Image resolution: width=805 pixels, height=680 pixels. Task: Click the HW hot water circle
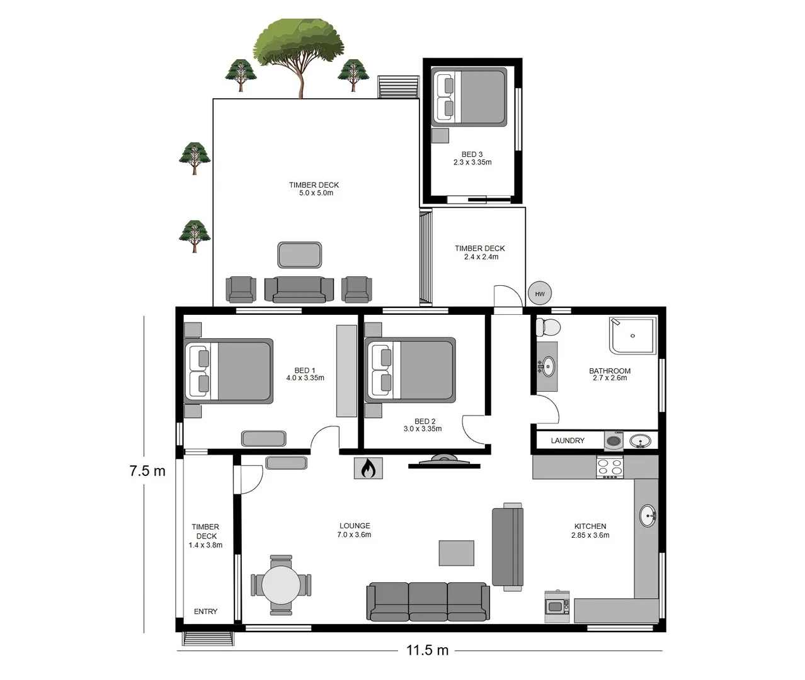(x=540, y=293)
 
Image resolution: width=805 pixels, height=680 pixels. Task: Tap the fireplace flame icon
(x=368, y=468)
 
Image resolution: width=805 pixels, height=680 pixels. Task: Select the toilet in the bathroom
(x=547, y=327)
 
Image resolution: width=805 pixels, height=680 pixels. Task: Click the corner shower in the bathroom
(x=632, y=335)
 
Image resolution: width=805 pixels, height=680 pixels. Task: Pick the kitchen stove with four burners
(x=610, y=467)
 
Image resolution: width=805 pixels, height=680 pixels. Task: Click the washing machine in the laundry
(x=614, y=441)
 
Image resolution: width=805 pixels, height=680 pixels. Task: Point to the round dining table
(x=281, y=585)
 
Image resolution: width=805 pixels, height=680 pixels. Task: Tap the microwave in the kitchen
(x=556, y=606)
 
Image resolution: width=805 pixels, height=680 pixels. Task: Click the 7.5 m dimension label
(x=147, y=471)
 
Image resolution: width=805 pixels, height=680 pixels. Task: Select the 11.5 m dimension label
(x=427, y=650)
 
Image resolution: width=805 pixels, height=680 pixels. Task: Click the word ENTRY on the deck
(x=205, y=611)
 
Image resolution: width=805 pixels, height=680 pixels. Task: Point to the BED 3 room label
(x=472, y=154)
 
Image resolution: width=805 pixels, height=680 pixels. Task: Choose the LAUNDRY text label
(x=568, y=441)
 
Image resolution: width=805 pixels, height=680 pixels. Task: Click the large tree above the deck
(x=299, y=50)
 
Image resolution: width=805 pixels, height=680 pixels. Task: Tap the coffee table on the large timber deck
(x=299, y=255)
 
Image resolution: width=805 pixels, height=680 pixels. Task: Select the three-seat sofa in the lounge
(x=428, y=601)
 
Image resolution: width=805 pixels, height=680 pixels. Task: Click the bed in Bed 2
(x=410, y=370)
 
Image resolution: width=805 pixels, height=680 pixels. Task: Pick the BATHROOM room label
(x=609, y=371)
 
